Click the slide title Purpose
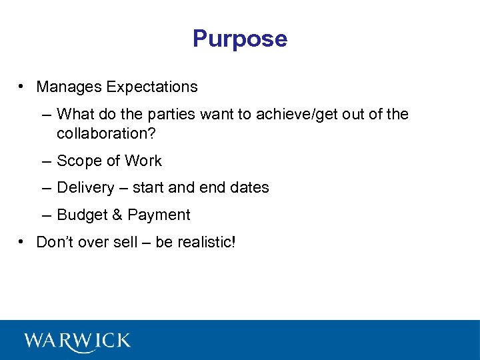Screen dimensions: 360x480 click(x=240, y=39)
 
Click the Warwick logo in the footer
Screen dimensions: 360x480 click(x=77, y=341)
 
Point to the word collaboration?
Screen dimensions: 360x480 click(x=106, y=133)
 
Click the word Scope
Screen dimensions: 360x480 click(x=77, y=161)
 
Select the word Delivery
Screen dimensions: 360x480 click(x=85, y=188)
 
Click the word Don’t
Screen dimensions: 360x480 click(x=53, y=242)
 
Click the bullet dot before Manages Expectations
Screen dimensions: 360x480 click(x=22, y=87)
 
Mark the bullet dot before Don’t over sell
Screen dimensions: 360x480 click(x=22, y=242)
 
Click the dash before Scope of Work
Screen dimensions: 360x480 click(x=45, y=161)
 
